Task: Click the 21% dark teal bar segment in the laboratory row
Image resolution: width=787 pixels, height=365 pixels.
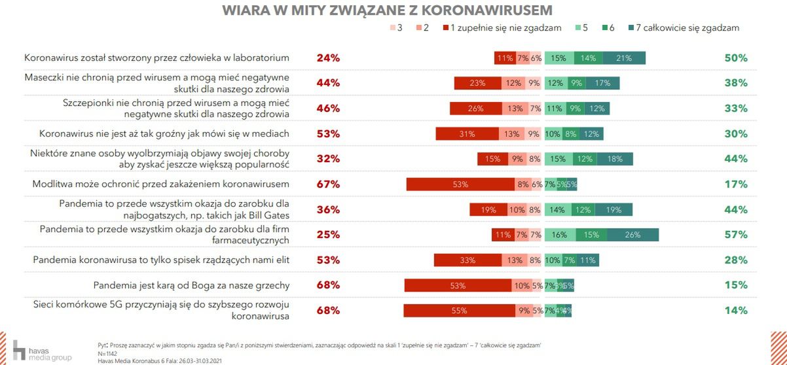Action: click(624, 58)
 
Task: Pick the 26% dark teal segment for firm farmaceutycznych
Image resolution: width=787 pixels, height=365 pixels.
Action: click(632, 235)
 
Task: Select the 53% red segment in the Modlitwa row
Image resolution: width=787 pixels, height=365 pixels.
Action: click(460, 184)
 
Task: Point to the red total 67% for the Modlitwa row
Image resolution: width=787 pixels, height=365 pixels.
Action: click(328, 184)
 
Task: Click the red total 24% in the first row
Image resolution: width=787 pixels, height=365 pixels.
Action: click(328, 58)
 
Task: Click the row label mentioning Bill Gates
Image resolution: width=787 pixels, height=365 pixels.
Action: click(174, 209)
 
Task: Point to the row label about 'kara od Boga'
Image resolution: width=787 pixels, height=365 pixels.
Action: click(191, 285)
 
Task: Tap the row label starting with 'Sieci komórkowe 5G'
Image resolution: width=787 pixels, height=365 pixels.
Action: click(161, 311)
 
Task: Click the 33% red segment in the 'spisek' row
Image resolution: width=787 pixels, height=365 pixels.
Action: click(467, 260)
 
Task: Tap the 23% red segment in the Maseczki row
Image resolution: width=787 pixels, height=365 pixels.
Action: click(478, 83)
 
